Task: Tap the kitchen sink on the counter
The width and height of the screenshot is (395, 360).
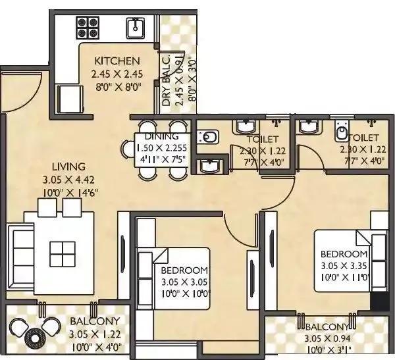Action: pyautogui.click(x=136, y=27)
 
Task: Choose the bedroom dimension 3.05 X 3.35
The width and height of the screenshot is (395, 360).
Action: pyautogui.click(x=343, y=265)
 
